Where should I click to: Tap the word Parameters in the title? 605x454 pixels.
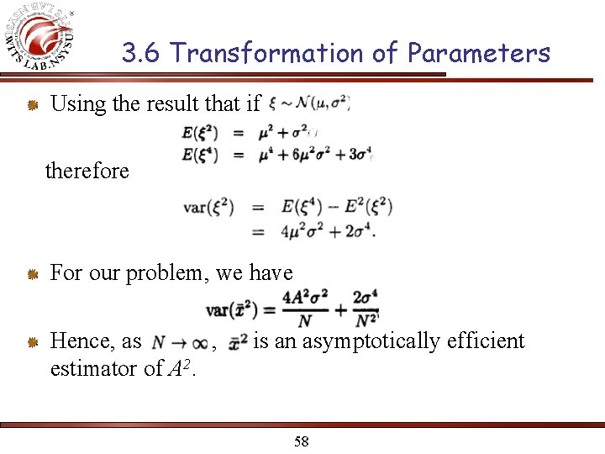coord(478,53)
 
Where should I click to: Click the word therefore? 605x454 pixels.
coord(87,171)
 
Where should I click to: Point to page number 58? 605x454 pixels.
coord(302,441)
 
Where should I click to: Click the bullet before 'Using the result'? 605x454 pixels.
coord(32,105)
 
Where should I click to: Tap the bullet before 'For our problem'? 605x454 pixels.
coord(32,273)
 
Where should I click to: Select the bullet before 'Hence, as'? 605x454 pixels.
coord(32,341)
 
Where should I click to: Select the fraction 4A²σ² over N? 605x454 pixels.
coord(305,309)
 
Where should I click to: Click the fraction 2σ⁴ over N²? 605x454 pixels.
coord(366,309)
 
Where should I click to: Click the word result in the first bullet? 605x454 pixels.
coord(168,104)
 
